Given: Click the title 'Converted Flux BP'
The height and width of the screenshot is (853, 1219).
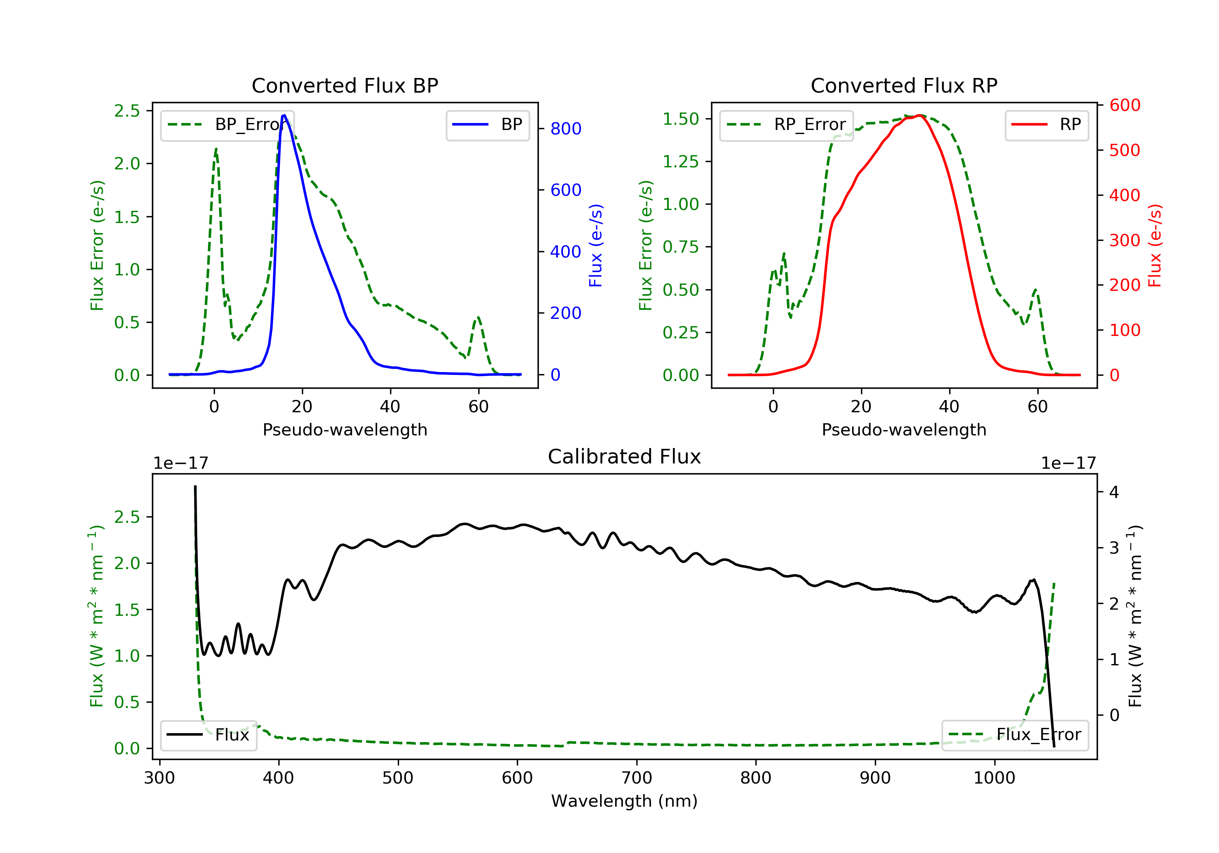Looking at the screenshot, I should click(x=345, y=85).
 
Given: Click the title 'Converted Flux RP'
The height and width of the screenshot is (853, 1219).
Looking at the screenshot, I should click(x=904, y=85).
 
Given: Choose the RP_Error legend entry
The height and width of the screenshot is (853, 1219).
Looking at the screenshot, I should click(x=786, y=125).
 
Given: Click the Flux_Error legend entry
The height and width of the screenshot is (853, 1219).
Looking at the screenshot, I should click(x=1015, y=735).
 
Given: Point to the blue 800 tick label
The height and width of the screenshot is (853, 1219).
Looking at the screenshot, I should click(x=566, y=128).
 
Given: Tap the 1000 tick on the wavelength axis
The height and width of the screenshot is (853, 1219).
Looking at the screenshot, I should click(x=994, y=778).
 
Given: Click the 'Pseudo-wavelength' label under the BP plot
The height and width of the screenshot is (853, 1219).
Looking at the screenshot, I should click(x=345, y=429).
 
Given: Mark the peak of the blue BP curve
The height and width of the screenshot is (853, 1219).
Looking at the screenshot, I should click(x=284, y=115).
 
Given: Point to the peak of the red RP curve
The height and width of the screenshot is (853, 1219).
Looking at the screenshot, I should click(x=920, y=115).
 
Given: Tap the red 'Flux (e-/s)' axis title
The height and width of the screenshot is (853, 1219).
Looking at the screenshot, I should click(x=1155, y=246).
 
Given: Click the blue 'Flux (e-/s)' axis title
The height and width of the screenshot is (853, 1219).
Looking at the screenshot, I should click(x=596, y=246).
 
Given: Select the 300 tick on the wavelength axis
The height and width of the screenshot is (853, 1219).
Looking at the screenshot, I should click(x=159, y=778).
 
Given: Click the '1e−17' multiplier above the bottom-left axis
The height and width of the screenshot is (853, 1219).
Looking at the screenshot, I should click(x=180, y=463).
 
